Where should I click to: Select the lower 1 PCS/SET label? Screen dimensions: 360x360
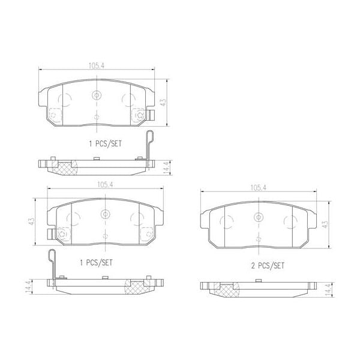point(97,263)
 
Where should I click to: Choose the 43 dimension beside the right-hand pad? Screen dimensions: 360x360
point(326,223)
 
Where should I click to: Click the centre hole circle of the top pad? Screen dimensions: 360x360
point(97,95)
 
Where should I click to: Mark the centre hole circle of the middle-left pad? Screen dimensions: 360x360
point(105,213)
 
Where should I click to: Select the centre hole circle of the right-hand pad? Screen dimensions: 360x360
point(259,217)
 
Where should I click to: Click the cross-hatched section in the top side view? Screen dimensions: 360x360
point(64,167)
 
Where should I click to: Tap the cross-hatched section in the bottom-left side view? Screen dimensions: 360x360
point(136,287)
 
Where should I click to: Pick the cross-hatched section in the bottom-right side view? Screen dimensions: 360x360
point(226,291)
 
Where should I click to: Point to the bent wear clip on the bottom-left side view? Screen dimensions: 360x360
point(53,264)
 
